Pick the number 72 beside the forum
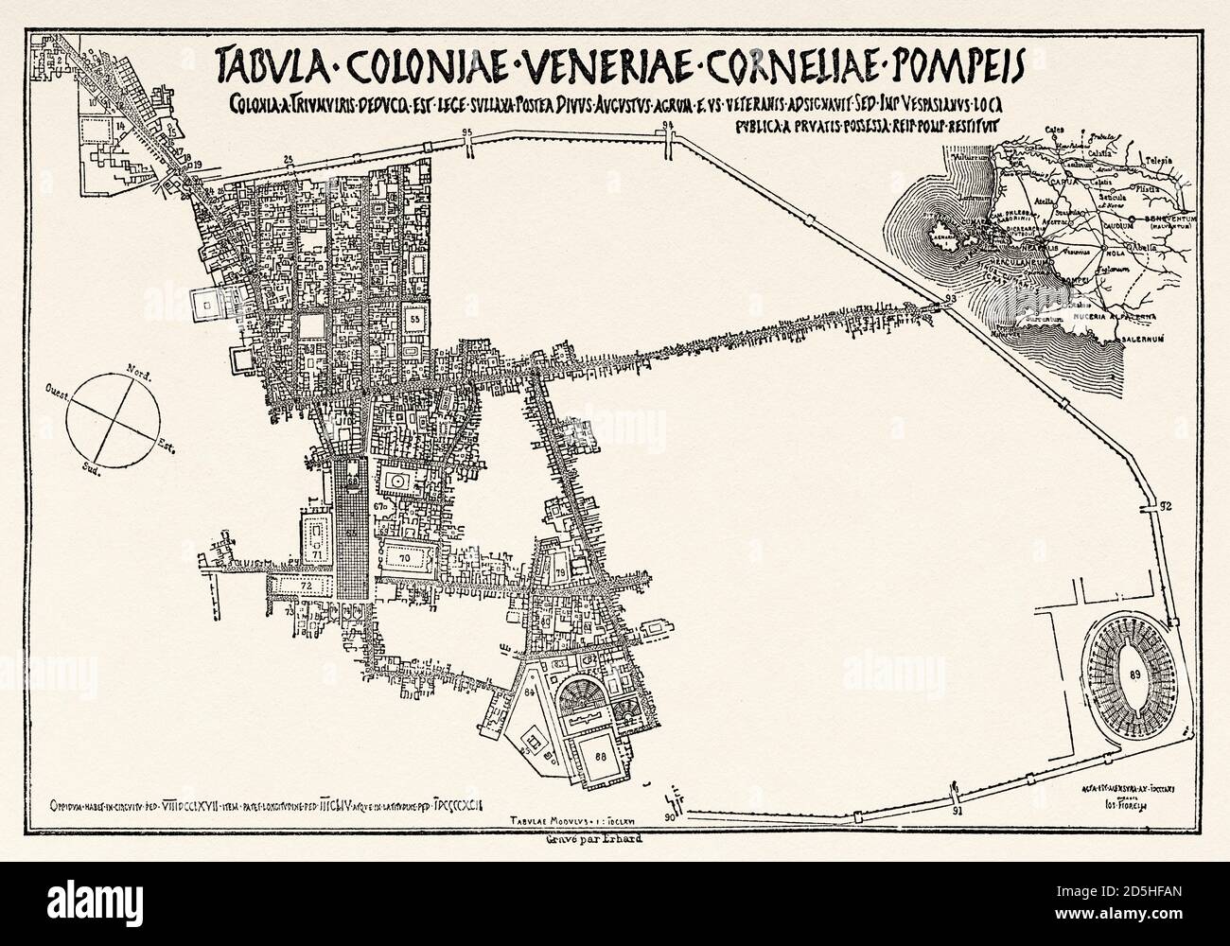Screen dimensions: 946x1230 305,587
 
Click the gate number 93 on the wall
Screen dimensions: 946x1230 949,300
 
